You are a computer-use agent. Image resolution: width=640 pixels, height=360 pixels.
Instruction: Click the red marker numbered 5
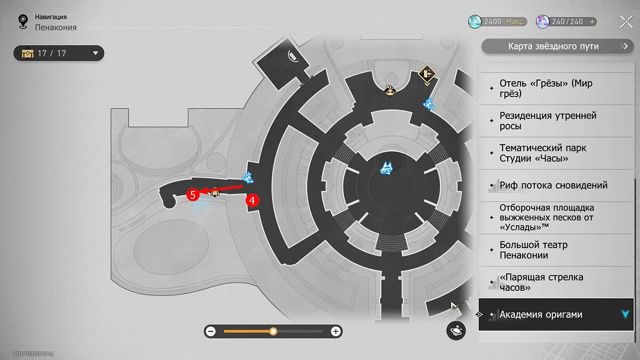pyautogui.click(x=193, y=195)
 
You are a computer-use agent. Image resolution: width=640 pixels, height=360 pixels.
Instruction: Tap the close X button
pyautogui.click(x=626, y=21)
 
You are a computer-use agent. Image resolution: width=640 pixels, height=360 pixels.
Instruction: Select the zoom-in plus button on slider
pyautogui.click(x=335, y=332)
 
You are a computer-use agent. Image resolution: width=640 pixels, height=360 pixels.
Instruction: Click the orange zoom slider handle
pyautogui.click(x=273, y=332)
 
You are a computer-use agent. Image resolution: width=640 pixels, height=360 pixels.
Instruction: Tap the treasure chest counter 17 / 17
pyautogui.click(x=59, y=53)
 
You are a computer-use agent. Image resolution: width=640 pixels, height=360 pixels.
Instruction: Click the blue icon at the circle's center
pyautogui.click(x=386, y=169)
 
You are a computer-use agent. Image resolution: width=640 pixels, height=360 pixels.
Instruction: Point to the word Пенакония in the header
pyautogui.click(x=56, y=27)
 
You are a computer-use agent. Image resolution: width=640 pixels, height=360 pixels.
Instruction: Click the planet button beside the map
pyautogui.click(x=456, y=331)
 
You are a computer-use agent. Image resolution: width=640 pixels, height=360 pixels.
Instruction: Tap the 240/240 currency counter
pyautogui.click(x=566, y=22)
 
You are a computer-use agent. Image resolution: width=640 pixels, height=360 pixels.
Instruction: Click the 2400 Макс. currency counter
pyautogui.click(x=498, y=22)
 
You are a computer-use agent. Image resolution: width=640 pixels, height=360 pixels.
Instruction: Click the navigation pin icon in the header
pyautogui.click(x=22, y=21)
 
